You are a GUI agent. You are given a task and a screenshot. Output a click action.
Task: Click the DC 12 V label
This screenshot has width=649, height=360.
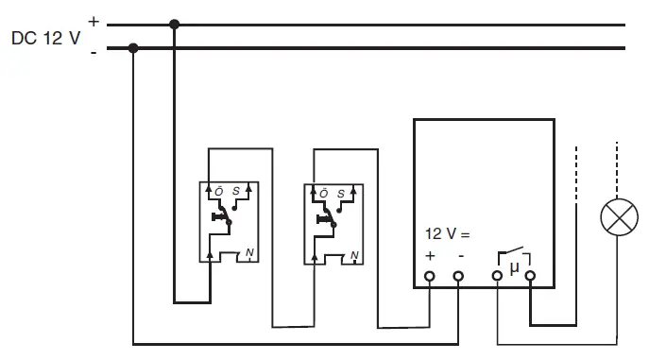[x=45, y=39]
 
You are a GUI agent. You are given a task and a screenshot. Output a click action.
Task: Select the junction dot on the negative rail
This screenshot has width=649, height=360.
[x=133, y=48]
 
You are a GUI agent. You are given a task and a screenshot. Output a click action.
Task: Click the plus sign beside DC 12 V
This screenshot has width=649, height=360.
[x=93, y=19]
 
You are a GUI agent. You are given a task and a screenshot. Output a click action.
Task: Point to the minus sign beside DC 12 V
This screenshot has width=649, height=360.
[x=93, y=53]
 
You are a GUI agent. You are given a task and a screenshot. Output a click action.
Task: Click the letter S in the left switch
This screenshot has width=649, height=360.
[x=236, y=191]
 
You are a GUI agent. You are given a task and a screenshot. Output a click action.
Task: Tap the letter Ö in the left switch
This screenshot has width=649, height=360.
[x=218, y=191]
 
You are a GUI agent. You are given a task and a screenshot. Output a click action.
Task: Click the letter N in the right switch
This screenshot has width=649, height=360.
[x=353, y=254]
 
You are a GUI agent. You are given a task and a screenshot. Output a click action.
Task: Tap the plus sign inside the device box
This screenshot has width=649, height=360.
[x=431, y=256]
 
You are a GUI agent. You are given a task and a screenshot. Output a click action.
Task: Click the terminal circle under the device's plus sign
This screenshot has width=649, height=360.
[x=431, y=277]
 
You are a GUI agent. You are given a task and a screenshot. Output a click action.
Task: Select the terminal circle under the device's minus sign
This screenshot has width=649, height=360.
[x=459, y=277]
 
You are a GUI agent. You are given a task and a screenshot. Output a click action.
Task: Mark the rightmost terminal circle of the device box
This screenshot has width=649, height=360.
[x=530, y=277]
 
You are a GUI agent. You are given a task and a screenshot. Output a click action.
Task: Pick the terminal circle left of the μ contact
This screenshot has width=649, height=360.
[x=498, y=277]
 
